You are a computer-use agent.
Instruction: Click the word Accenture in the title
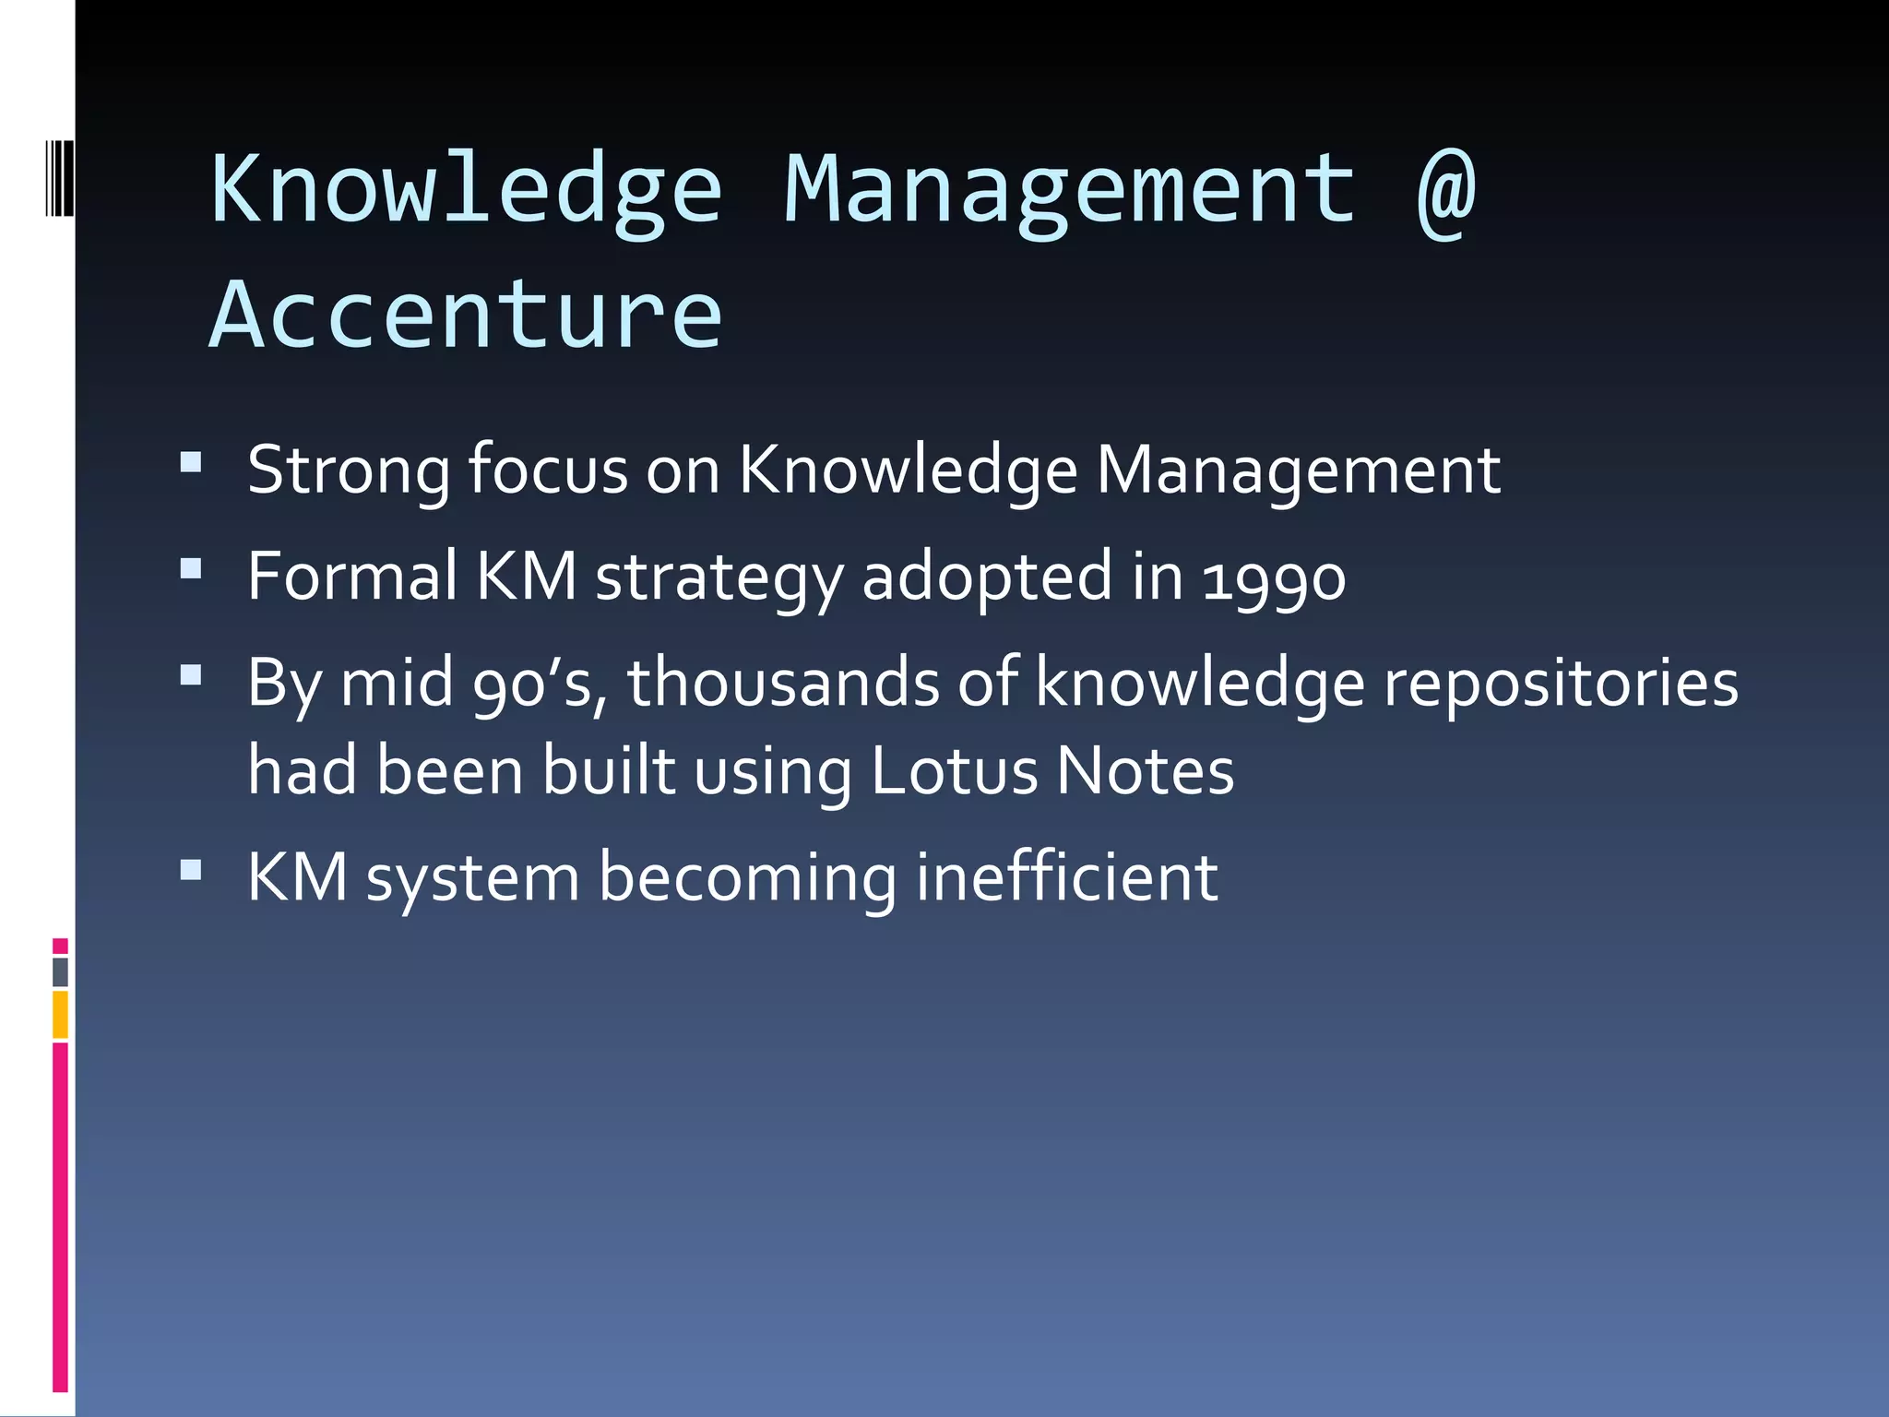pos(466,316)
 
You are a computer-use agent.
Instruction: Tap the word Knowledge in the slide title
pos(466,190)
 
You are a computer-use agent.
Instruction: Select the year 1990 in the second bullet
pos(1274,578)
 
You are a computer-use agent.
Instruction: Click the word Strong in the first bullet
pos(349,470)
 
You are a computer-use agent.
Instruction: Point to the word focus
pos(548,470)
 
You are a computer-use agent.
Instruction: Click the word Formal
pos(351,577)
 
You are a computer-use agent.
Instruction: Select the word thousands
pos(782,683)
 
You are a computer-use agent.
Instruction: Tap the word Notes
pos(1145,770)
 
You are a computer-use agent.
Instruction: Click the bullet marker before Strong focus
pos(191,462)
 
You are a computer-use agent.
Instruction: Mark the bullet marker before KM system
pos(191,870)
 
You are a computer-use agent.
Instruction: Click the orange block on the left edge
pos(60,1014)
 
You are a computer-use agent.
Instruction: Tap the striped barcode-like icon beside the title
pos(59,178)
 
